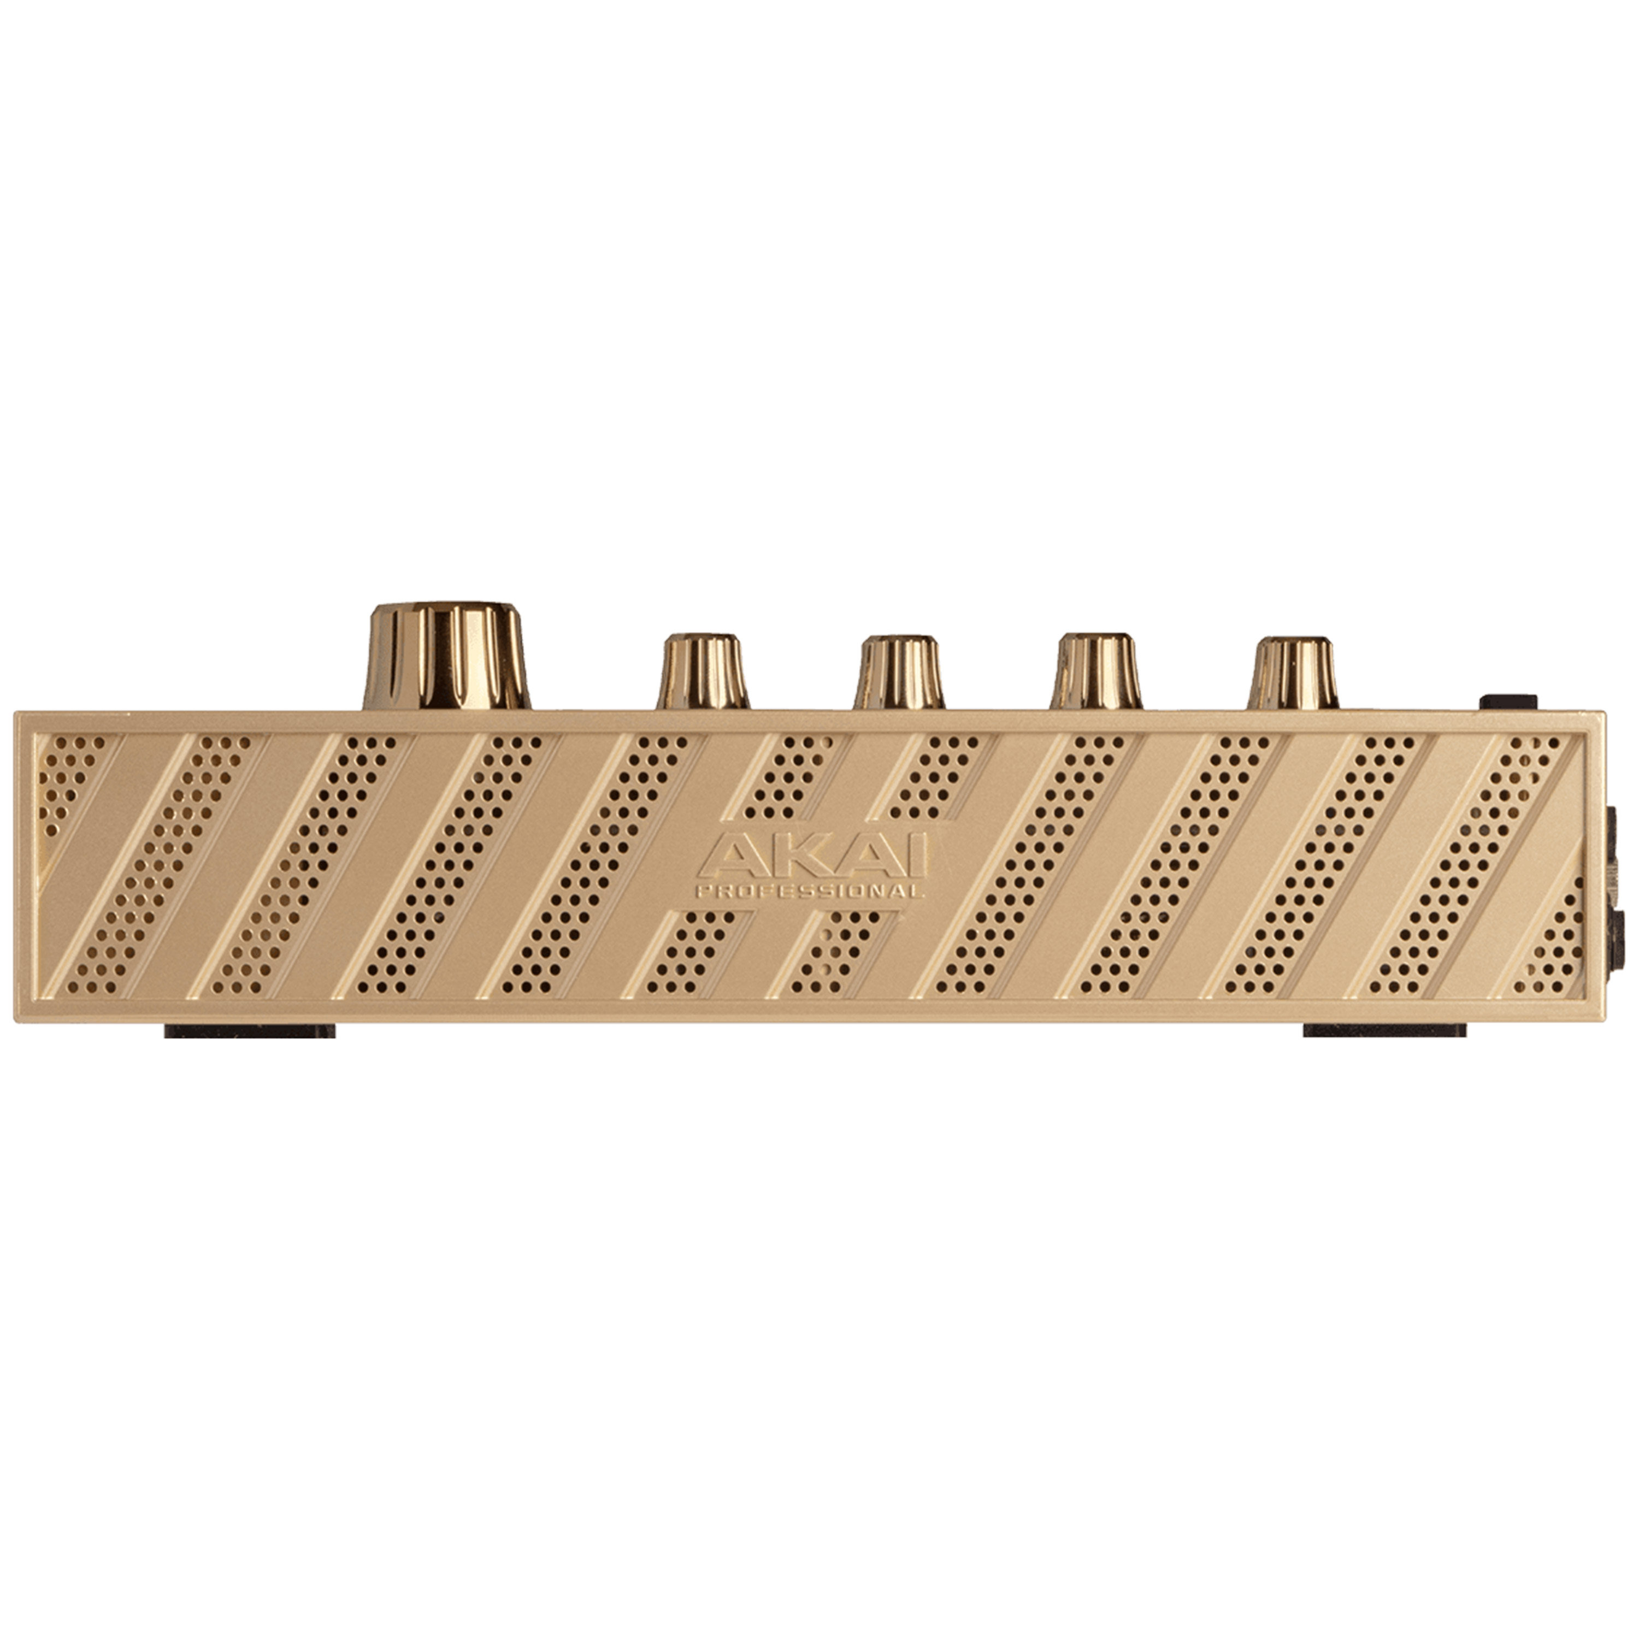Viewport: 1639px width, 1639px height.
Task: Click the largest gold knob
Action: pos(446,656)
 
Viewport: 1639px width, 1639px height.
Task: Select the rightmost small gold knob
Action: pos(1293,673)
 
